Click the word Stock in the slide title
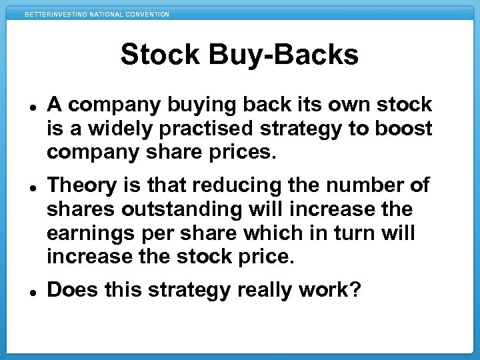coord(162,55)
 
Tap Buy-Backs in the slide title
coord(285,55)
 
